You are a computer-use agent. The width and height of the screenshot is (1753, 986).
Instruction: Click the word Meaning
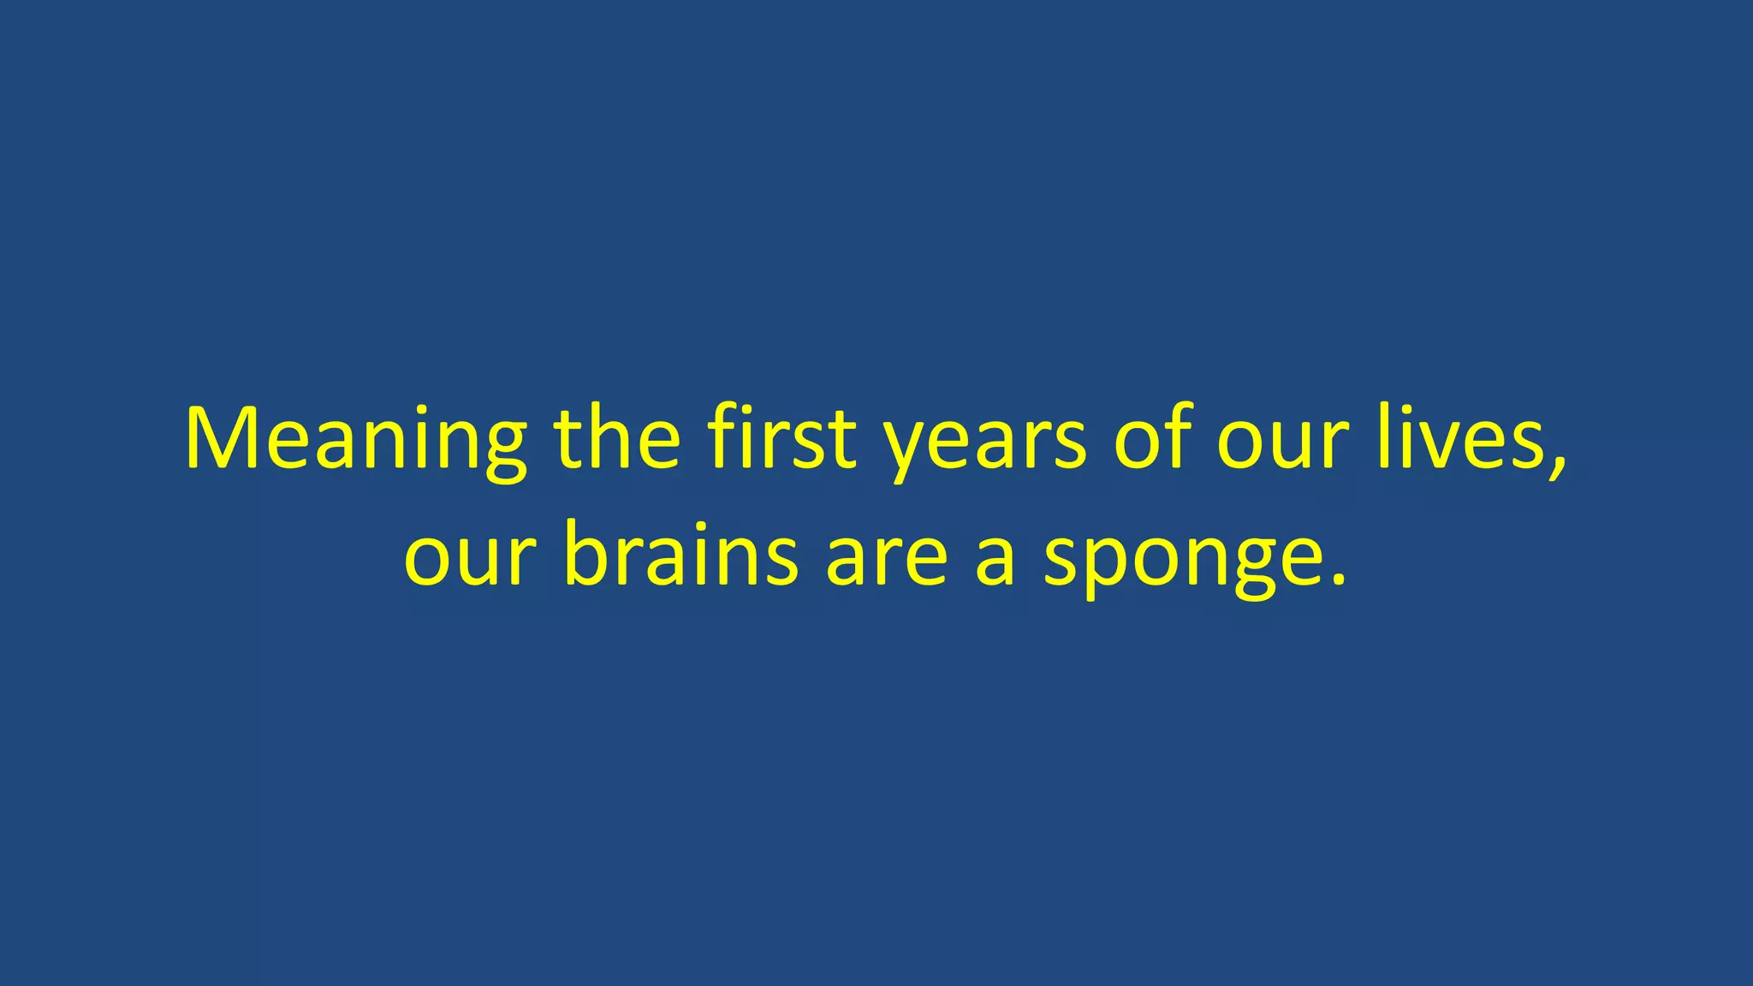[355, 441]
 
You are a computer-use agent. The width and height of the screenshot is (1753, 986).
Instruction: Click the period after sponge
[1338, 582]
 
